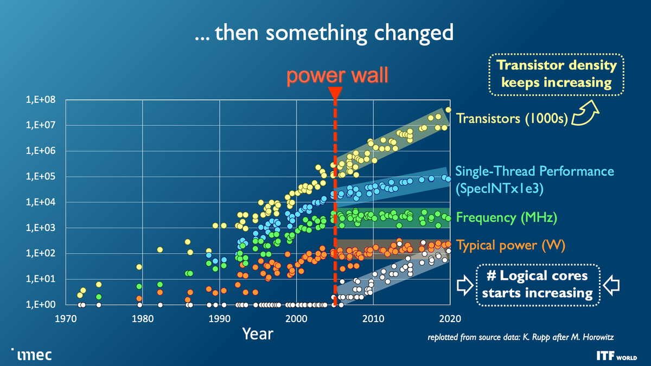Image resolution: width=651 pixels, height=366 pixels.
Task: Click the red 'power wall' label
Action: pos(337,75)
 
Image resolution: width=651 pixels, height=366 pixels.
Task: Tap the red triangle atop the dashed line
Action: pos(335,93)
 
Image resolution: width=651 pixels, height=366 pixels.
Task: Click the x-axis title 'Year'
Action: pos(258,333)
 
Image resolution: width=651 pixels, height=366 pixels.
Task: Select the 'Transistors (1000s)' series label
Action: pos(512,118)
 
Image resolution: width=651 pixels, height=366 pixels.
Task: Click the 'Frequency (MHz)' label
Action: pos(507,218)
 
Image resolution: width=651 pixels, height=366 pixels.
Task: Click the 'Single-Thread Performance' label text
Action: pos(534,171)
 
